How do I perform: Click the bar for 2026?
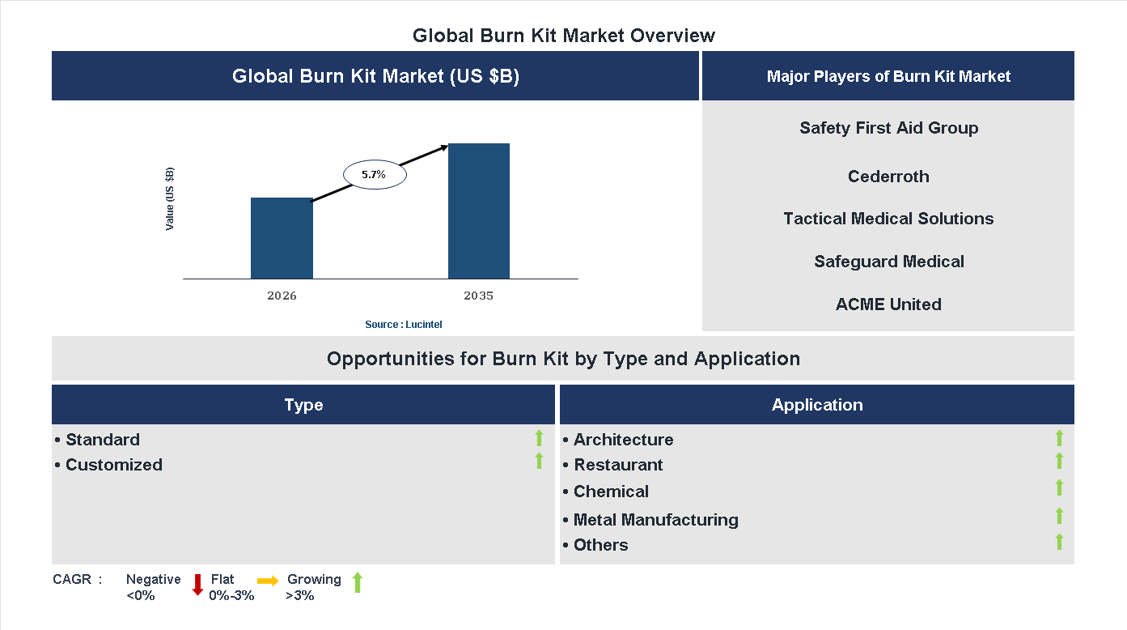click(x=282, y=238)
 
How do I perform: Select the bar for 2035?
click(x=479, y=211)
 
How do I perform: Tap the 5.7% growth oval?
click(x=375, y=174)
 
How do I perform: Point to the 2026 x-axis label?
click(x=282, y=296)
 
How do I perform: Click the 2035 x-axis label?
click(x=478, y=296)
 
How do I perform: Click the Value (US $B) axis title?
click(x=170, y=199)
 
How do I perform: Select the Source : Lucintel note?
click(x=403, y=325)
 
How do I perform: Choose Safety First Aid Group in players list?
click(x=888, y=128)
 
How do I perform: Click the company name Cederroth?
click(x=888, y=177)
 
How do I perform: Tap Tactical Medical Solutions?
click(x=888, y=219)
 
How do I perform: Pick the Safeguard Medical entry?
click(x=888, y=262)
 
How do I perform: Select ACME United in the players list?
click(x=888, y=304)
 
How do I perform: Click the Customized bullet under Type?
click(x=113, y=465)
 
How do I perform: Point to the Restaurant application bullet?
click(x=618, y=465)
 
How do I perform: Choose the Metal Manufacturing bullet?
click(x=655, y=520)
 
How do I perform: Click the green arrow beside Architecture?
click(x=1059, y=438)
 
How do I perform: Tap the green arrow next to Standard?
click(x=539, y=438)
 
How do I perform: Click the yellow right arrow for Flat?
click(x=268, y=581)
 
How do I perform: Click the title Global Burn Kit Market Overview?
click(x=563, y=36)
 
